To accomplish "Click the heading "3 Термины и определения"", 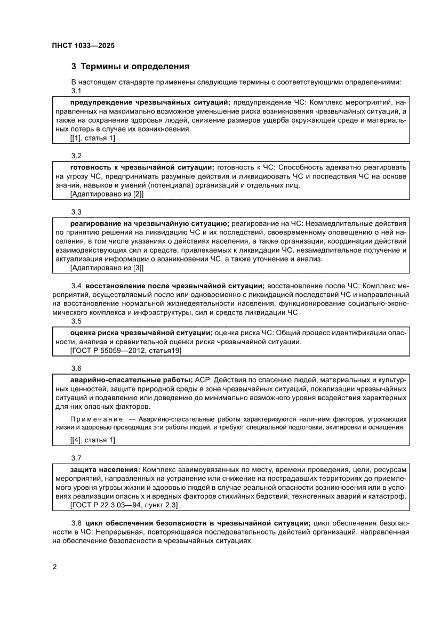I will pyautogui.click(x=131, y=67).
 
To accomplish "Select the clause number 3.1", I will pyautogui.click(x=76, y=91).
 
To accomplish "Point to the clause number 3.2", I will pyautogui.click(x=76, y=156).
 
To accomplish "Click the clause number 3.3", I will pyautogui.click(x=76, y=212).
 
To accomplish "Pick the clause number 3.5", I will pyautogui.click(x=76, y=321).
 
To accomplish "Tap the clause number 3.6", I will pyautogui.click(x=76, y=368).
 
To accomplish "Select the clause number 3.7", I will pyautogui.click(x=76, y=458).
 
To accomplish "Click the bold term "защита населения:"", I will pyautogui.click(x=105, y=469).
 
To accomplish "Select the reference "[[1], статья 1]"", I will pyautogui.click(x=93, y=138).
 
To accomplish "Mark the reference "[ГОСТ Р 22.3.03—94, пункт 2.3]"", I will pyautogui.click(x=124, y=504).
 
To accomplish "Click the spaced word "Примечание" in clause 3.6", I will pyautogui.click(x=97, y=419).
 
